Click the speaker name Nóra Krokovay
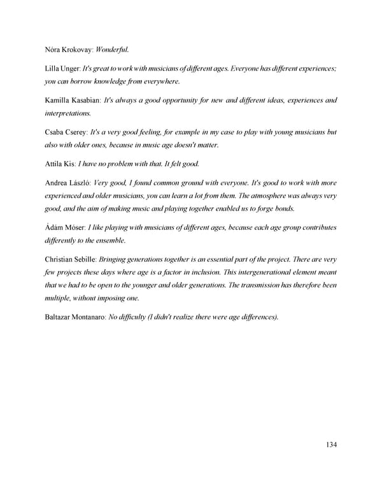click(68, 48)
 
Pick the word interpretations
click(67, 113)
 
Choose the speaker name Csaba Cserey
click(66, 132)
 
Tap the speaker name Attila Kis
click(60, 164)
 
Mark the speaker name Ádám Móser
click(65, 228)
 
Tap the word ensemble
click(110, 241)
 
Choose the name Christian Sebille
click(71, 260)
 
